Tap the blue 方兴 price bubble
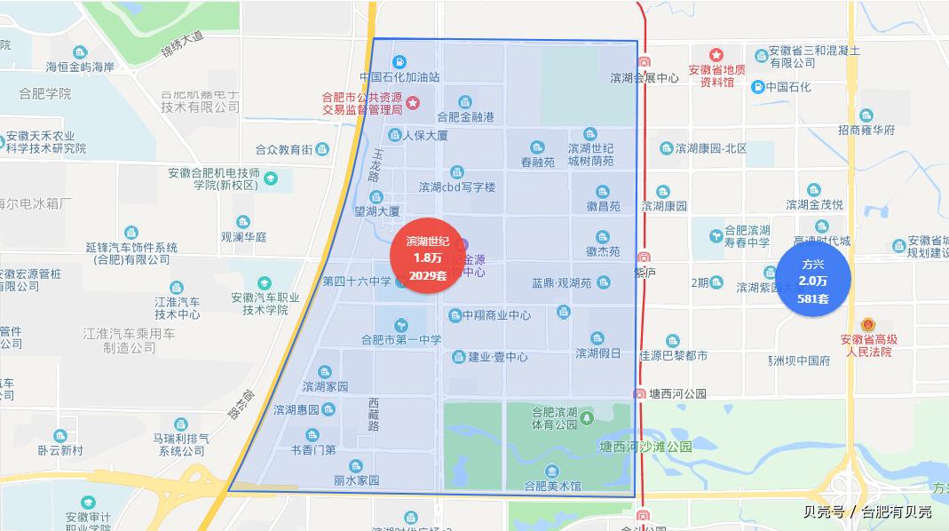[x=813, y=281]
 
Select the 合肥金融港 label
[x=465, y=116]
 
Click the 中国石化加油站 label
[x=399, y=77]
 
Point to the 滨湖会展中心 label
[x=645, y=77]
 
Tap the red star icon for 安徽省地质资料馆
[x=716, y=55]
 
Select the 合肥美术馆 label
[x=552, y=486]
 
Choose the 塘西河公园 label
[x=676, y=393]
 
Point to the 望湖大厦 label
[x=377, y=211]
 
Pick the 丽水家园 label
[x=356, y=479]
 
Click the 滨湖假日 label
[x=597, y=353]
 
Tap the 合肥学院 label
[x=45, y=93]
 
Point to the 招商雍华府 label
[x=866, y=130]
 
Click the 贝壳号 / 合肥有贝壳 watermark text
[x=866, y=511]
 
